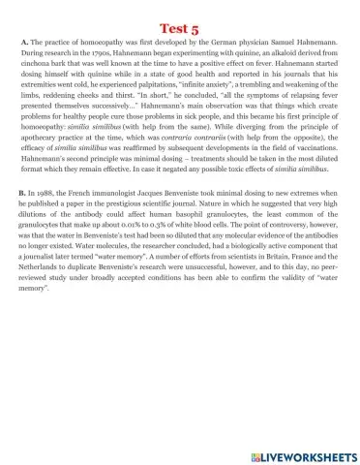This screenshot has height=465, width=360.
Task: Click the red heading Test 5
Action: tap(179, 15)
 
